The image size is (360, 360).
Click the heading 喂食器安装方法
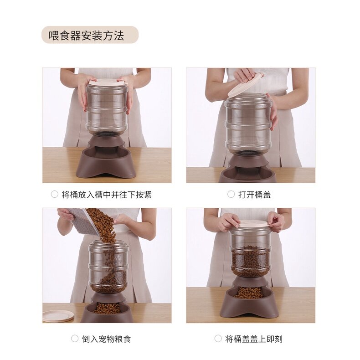(86, 36)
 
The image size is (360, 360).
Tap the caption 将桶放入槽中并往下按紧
(107, 195)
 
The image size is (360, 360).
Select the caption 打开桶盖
(254, 195)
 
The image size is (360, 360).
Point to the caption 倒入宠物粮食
(106, 339)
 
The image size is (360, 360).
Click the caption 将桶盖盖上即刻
(254, 339)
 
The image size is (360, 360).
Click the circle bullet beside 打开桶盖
(231, 194)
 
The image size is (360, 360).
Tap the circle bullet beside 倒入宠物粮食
(75, 339)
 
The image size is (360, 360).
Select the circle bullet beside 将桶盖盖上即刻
(218, 339)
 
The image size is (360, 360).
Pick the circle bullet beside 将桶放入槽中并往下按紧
(54, 194)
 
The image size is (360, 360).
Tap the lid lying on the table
(58, 316)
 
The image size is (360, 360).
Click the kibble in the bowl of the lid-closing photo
(249, 293)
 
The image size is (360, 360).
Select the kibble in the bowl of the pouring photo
(107, 308)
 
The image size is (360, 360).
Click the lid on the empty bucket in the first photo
(107, 82)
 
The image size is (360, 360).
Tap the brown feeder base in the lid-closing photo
(249, 298)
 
